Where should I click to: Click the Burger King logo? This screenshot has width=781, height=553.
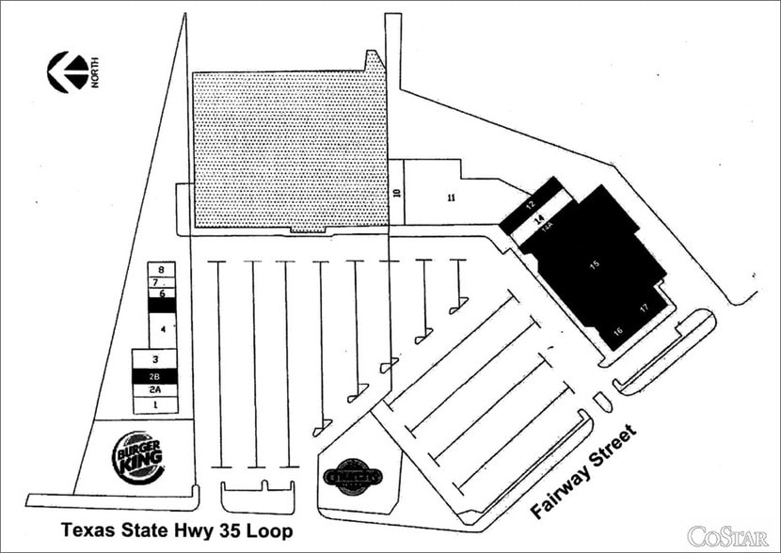point(138,457)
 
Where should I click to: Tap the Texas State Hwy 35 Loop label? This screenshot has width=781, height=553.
point(177,530)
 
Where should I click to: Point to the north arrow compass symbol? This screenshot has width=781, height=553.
point(69,72)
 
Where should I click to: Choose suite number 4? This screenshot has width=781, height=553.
point(163,329)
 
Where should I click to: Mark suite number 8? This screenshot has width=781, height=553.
point(163,269)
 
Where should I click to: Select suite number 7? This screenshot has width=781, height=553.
point(163,281)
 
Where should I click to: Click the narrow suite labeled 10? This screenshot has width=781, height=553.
point(397,194)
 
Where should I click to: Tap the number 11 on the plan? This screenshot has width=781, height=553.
point(452,197)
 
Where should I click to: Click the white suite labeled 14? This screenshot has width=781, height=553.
point(540,217)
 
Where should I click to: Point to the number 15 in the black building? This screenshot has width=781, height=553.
point(594,266)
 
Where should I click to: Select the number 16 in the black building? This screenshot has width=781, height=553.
point(618,330)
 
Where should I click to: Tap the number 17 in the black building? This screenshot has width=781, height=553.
point(645,308)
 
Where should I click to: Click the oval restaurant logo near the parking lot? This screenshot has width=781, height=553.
point(353,476)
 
